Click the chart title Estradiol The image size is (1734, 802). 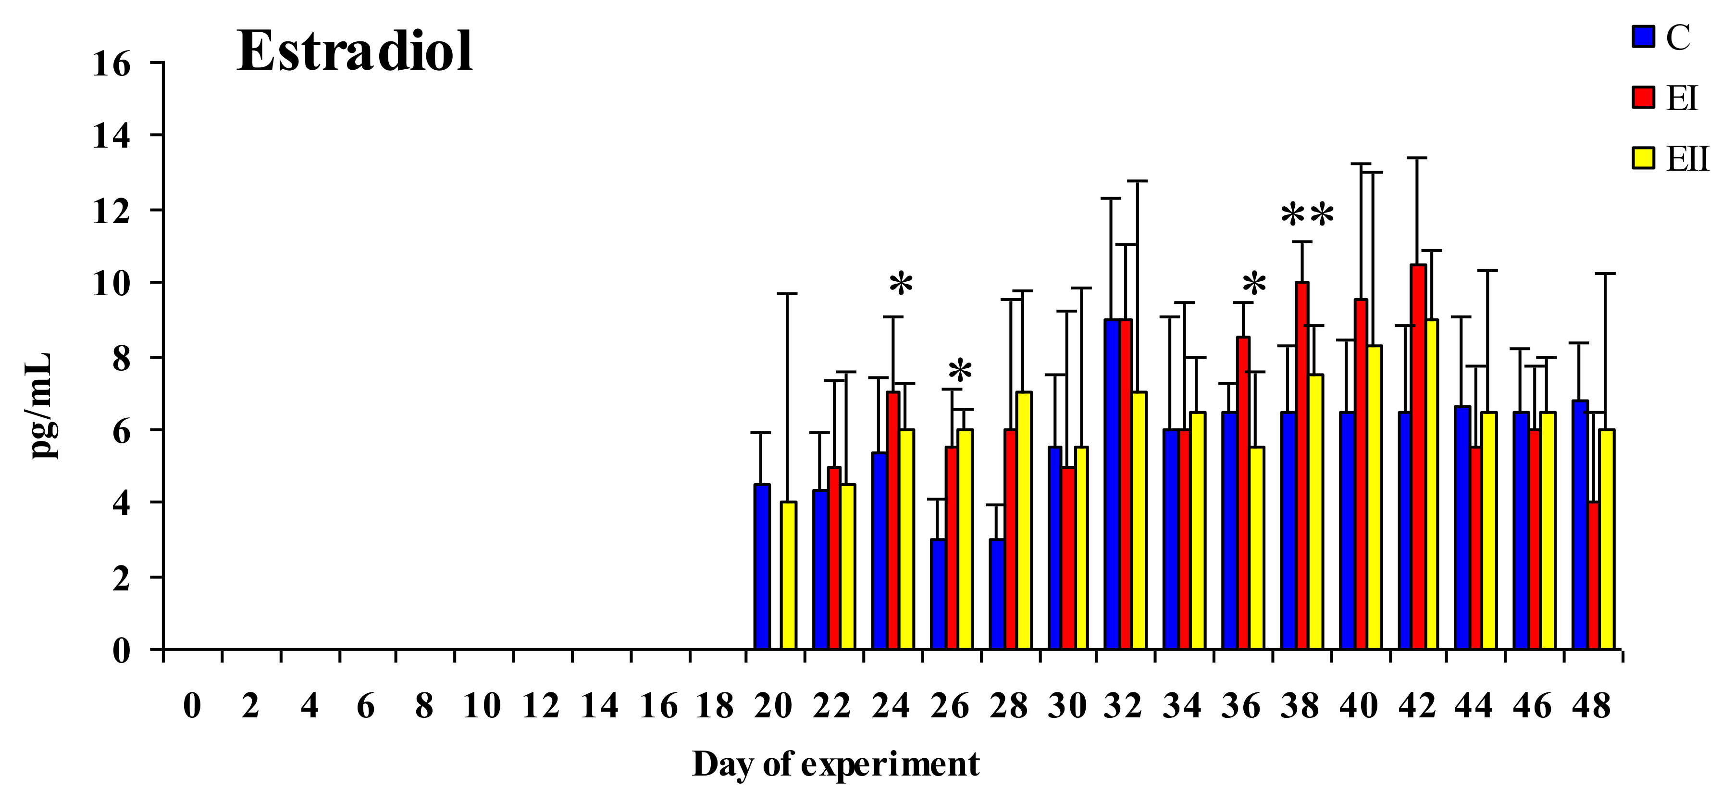[x=355, y=52]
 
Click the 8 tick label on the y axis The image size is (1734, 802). [x=121, y=358]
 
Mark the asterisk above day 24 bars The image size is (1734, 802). [x=901, y=285]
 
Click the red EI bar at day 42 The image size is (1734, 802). [x=1418, y=458]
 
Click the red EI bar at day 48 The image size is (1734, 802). [x=1593, y=576]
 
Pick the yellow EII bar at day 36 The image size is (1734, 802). [x=1257, y=549]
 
